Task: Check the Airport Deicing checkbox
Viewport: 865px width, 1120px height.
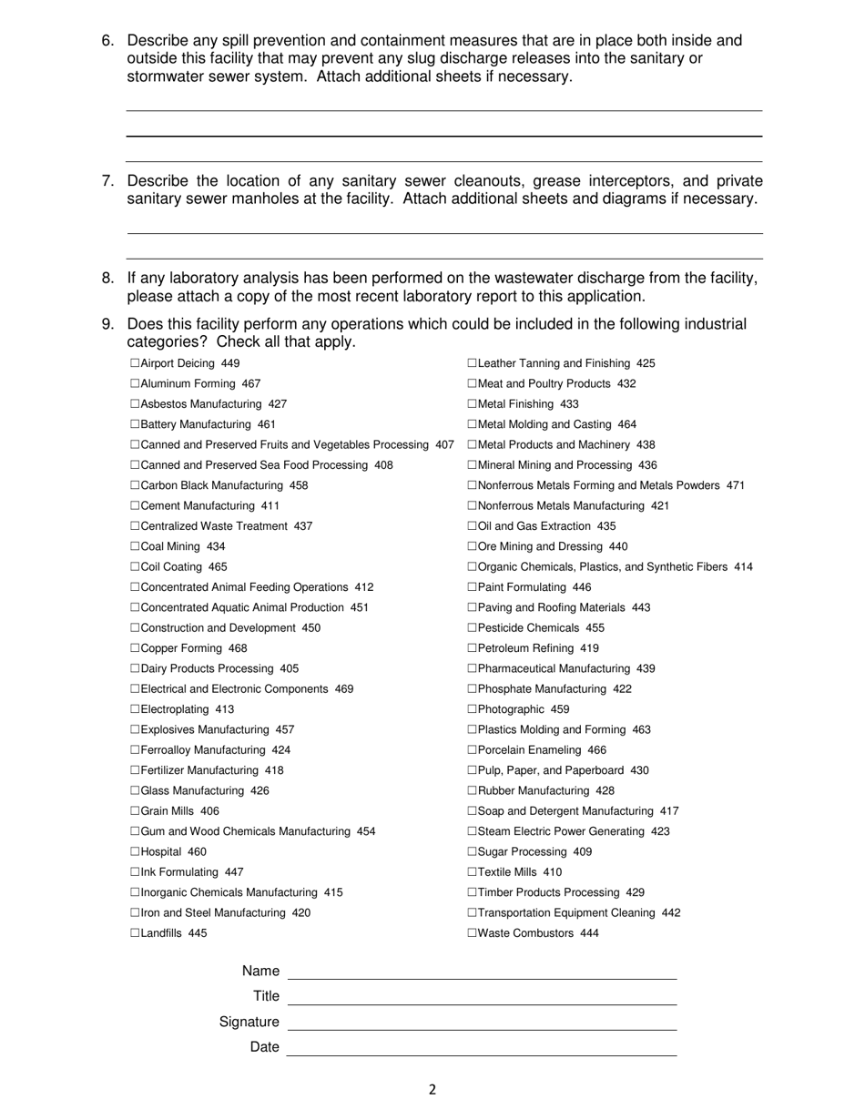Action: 135,363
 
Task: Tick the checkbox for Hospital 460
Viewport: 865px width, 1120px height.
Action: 135,852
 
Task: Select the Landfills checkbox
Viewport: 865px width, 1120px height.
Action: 135,933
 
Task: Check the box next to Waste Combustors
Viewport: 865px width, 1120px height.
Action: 473,933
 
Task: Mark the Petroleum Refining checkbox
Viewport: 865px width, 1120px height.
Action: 473,648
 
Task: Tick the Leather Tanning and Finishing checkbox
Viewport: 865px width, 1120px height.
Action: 473,363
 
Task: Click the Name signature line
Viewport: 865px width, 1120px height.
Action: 482,972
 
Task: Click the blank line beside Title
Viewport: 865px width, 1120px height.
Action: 482,998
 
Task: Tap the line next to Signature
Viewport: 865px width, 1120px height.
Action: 482,1023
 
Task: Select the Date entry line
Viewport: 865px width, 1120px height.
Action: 482,1049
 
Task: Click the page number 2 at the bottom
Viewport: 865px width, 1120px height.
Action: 432,1090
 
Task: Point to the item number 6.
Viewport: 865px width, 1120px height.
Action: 107,41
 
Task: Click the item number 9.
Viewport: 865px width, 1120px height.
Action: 107,325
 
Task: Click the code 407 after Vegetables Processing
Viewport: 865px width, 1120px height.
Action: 444,445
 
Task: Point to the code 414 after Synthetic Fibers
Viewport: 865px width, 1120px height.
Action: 743,567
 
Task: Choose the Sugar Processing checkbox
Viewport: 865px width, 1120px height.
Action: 473,852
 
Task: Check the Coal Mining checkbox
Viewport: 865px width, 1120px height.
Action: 135,547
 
